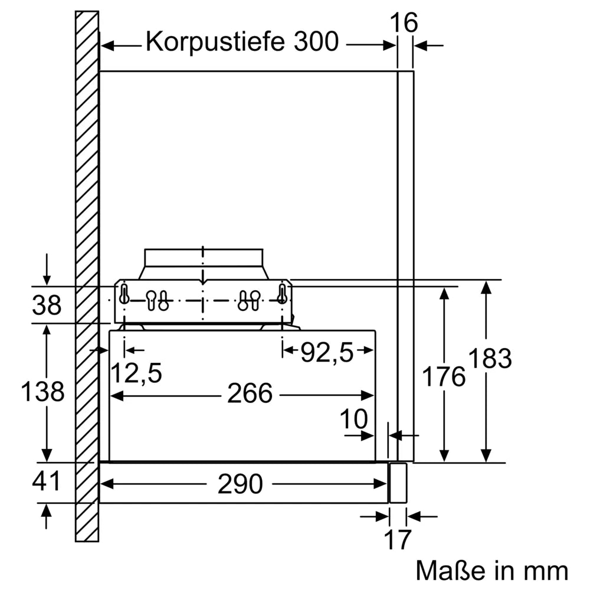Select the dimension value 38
(x=47, y=306)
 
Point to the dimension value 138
(x=42, y=391)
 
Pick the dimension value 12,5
(x=137, y=373)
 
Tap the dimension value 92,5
(x=327, y=353)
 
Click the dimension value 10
(x=354, y=419)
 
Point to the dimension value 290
(x=240, y=484)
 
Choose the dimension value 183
(x=490, y=359)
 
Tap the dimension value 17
(x=398, y=540)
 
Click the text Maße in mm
(x=492, y=571)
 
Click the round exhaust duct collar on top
(x=204, y=257)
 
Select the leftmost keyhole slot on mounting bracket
(x=124, y=293)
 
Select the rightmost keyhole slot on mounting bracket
(x=282, y=293)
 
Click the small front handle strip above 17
(x=398, y=483)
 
